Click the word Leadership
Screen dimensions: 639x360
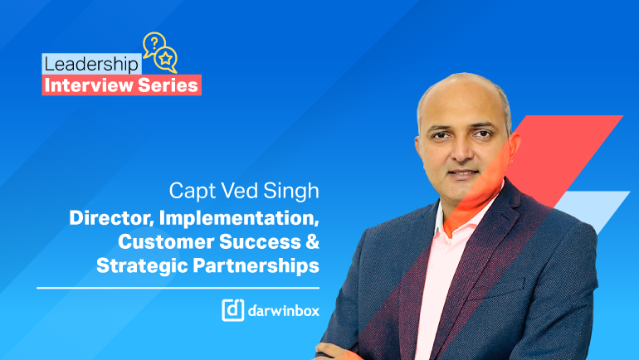pos(91,65)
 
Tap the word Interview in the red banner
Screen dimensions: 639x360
pos(89,85)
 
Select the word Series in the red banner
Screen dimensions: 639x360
pos(168,85)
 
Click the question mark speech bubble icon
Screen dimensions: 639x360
pos(154,43)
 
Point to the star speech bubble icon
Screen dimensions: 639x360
pos(166,60)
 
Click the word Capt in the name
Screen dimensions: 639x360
pos(192,191)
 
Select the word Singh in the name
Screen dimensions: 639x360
pos(291,191)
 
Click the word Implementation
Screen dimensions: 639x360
pos(239,218)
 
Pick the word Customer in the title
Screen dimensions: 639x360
pos(166,241)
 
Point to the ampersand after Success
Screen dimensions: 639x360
pos(312,241)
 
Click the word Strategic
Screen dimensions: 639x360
pos(142,265)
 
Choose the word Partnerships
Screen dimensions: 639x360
pos(256,265)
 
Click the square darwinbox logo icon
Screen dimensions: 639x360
pos(232,310)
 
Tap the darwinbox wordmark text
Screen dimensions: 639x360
pos(284,310)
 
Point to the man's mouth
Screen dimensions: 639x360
pos(464,174)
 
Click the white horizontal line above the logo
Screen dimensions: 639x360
pos(178,288)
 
